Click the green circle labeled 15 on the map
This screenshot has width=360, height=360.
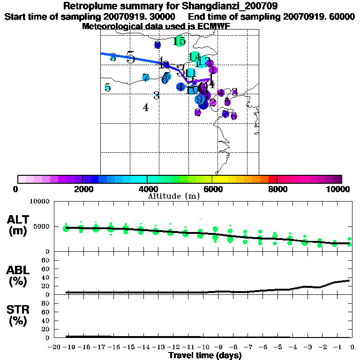tap(179, 41)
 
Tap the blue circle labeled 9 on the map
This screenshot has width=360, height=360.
tap(199, 99)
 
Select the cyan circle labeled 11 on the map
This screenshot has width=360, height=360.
tap(190, 73)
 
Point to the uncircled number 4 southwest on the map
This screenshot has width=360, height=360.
tap(146, 107)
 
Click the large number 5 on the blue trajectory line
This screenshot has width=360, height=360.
tap(130, 58)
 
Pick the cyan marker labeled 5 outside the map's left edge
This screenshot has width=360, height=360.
tap(108, 87)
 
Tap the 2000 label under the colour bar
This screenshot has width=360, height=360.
tap(82, 189)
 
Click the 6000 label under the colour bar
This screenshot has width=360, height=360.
tap(212, 189)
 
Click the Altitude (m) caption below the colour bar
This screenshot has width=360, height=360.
tap(174, 196)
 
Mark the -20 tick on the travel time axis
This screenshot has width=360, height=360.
tap(55, 347)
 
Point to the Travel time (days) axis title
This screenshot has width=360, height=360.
tap(205, 355)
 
